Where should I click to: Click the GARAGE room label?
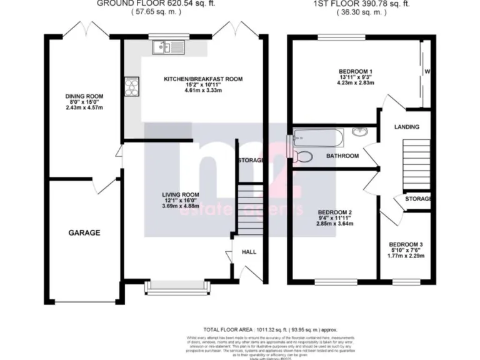coord(84,232)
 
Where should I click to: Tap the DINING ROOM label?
coord(84,96)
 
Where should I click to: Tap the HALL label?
coord(248,252)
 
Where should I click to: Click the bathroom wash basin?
coord(360,132)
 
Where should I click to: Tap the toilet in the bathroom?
coord(304,156)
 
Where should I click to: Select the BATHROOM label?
coord(343,156)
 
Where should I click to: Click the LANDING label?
coord(406,127)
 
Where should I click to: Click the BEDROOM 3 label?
coord(406,244)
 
